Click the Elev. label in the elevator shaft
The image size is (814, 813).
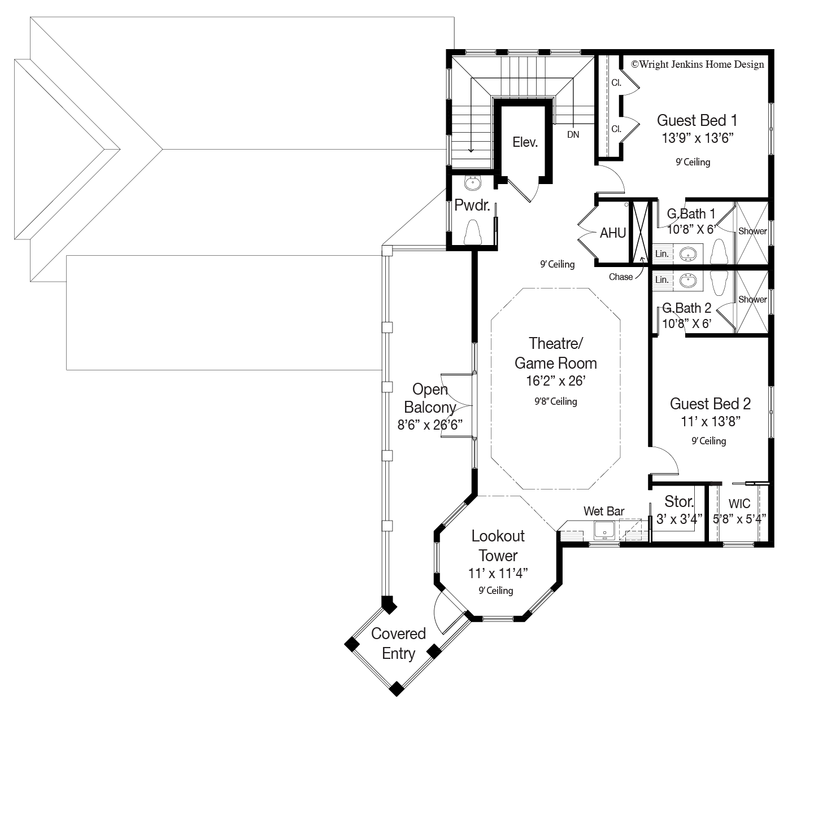point(525,142)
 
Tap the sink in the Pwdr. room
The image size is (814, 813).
point(472,183)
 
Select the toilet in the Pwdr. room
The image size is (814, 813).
point(472,232)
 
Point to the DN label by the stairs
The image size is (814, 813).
point(573,135)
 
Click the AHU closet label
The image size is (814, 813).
point(613,233)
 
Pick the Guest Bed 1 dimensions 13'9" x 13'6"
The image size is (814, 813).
point(697,138)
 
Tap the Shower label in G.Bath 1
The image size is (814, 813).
point(752,231)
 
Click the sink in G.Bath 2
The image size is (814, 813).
point(687,281)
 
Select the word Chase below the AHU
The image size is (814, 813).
point(621,277)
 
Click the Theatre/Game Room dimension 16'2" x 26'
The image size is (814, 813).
point(555,381)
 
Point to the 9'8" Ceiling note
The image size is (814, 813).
point(555,401)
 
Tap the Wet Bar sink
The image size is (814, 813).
point(604,531)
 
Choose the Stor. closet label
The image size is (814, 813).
point(679,502)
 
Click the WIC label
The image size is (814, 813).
point(739,504)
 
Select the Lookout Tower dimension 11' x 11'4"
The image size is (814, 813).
point(498,573)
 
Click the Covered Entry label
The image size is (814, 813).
point(398,644)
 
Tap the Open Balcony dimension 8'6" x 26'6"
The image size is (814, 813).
point(430,425)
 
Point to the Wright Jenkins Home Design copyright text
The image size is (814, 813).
point(698,64)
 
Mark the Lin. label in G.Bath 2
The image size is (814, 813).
point(662,279)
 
